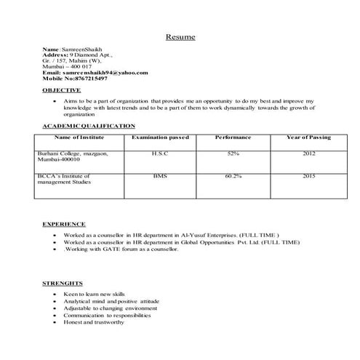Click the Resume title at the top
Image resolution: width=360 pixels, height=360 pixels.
click(180, 36)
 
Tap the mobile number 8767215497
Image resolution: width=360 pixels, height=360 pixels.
click(87, 78)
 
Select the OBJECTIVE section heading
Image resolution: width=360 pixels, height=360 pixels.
click(61, 89)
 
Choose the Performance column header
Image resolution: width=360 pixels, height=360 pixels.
click(233, 137)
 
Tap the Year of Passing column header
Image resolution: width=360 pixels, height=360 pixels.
click(308, 137)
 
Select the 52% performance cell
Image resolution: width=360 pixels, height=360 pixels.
click(233, 153)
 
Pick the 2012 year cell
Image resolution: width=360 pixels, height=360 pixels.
click(308, 153)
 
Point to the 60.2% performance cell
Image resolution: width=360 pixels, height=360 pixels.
click(233, 176)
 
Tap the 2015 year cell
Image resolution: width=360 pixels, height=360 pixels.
click(308, 176)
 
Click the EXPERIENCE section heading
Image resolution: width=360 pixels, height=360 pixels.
click(64, 224)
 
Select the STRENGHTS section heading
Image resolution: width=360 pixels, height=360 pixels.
click(63, 282)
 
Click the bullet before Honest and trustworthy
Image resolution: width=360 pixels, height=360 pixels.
click(56, 322)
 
